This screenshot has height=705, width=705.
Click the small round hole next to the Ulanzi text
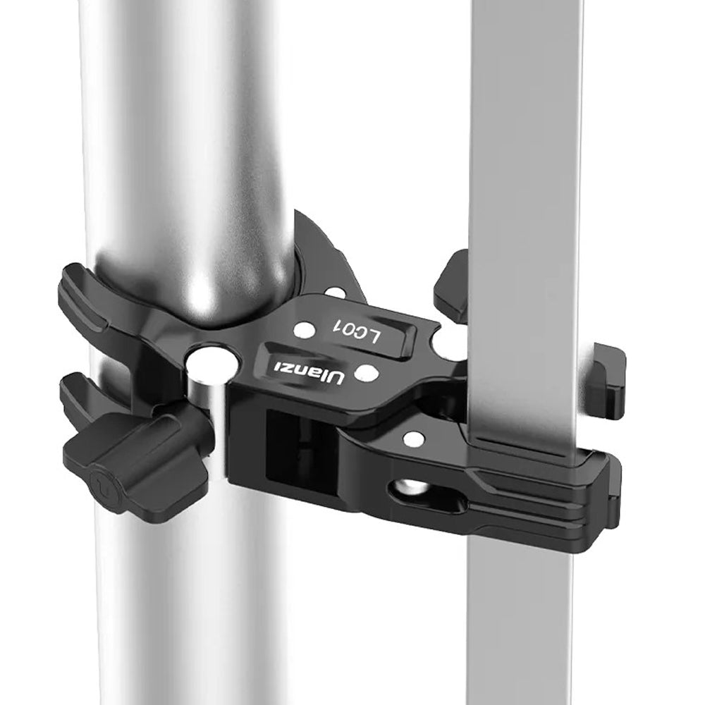point(366,371)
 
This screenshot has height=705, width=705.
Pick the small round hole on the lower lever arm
point(414,439)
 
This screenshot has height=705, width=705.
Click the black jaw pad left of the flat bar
point(451,286)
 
